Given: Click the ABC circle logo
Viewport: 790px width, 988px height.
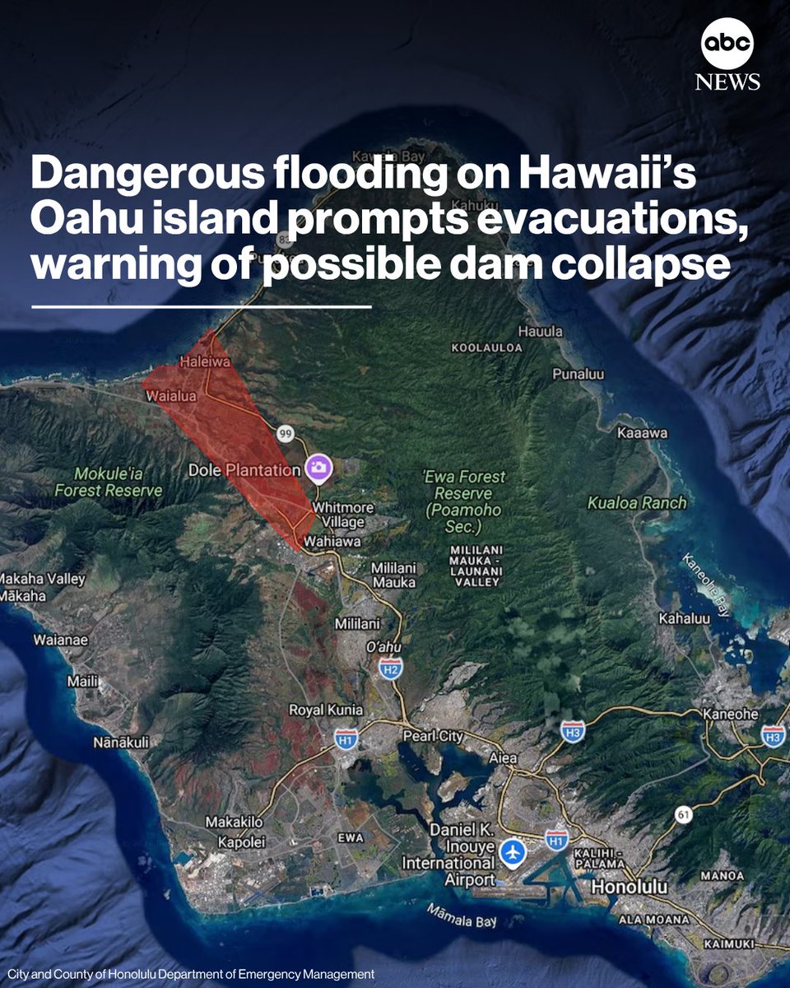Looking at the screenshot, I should point(727,44).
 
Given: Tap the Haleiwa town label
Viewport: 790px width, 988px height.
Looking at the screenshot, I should point(204,361).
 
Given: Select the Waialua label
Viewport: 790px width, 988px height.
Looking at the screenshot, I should point(171,396).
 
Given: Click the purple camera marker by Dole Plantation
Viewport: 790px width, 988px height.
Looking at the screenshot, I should point(318,468).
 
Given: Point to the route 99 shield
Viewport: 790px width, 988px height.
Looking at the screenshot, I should point(286,432).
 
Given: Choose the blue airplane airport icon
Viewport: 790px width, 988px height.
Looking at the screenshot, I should point(512,851).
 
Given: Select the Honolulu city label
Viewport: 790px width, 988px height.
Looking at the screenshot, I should point(629,888).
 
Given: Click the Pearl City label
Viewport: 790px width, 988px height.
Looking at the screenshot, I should point(432,735).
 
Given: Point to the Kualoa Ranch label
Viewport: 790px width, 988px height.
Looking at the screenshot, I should point(636,502).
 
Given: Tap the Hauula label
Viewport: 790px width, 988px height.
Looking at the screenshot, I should point(540,331).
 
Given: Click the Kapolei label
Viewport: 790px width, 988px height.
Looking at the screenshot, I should point(239,841).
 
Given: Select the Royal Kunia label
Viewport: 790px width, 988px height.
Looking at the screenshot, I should point(325,710).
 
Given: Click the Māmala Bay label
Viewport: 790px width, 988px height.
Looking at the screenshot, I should point(461,916).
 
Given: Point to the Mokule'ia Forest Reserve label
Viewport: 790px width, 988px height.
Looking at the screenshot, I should point(109,482).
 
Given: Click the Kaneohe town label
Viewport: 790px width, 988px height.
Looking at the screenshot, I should point(730,714).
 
